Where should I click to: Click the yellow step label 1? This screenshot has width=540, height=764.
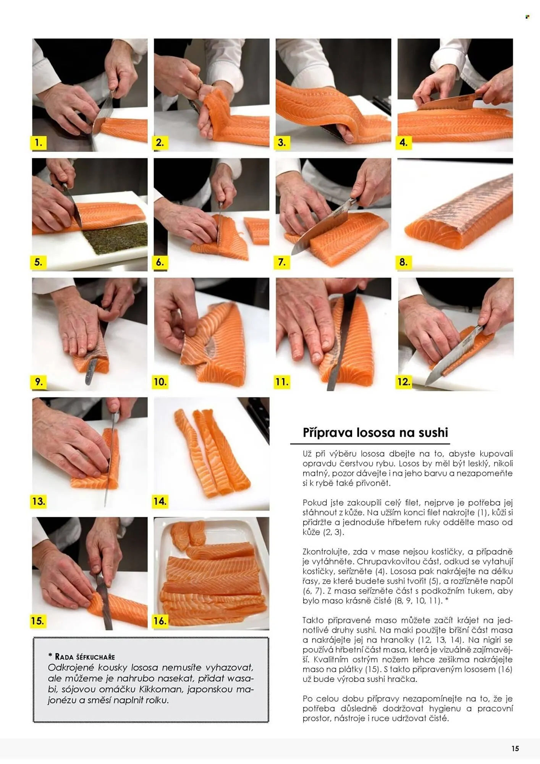pyautogui.click(x=38, y=142)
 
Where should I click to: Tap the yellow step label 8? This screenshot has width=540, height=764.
pyautogui.click(x=404, y=262)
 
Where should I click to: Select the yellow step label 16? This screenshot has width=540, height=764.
pyautogui.click(x=160, y=621)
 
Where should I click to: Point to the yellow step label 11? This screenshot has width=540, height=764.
pyautogui.click(x=282, y=382)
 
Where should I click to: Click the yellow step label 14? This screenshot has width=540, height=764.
pyautogui.click(x=160, y=501)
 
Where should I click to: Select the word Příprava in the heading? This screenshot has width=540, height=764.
pyautogui.click(x=328, y=432)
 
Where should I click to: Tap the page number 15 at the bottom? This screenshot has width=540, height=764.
pyautogui.click(x=515, y=748)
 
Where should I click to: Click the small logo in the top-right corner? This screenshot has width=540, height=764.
pyautogui.click(x=527, y=17)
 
